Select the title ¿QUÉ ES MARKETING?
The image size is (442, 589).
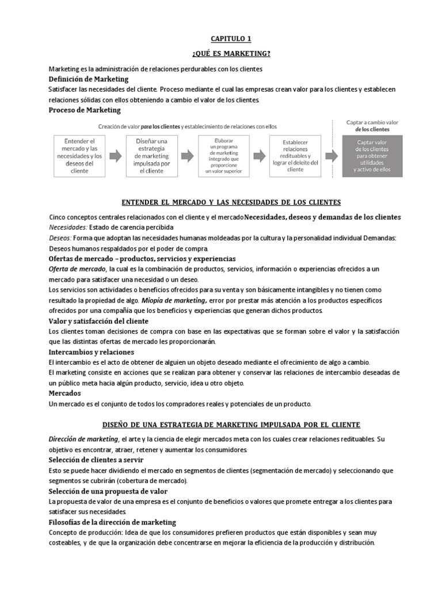point(231,54)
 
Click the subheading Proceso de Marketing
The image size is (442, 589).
point(85,110)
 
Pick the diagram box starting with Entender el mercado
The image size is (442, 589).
point(80,155)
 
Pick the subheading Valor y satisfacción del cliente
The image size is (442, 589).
point(98,321)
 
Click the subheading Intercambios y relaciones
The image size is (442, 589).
point(92,351)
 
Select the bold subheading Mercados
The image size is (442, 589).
point(65,393)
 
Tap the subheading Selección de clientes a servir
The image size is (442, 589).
point(96,460)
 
